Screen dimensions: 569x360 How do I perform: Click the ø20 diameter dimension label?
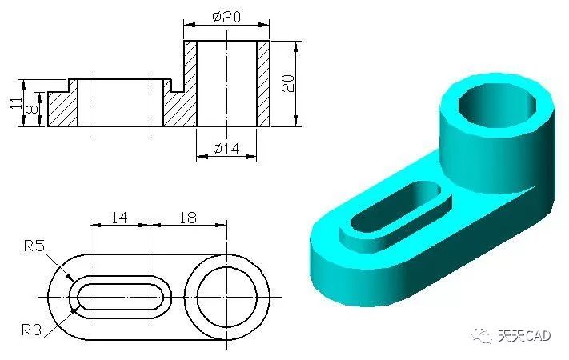click(x=226, y=17)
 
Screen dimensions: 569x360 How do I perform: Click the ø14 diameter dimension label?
click(x=226, y=149)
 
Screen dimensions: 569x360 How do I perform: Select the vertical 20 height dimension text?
click(x=288, y=83)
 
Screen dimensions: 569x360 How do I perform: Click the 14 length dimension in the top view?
click(x=119, y=218)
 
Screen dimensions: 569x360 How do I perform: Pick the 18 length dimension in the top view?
click(x=187, y=218)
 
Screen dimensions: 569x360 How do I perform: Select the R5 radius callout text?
click(x=34, y=246)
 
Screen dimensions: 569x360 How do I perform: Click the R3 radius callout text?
click(x=32, y=330)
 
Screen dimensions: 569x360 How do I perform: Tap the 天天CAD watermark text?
click(x=524, y=336)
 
